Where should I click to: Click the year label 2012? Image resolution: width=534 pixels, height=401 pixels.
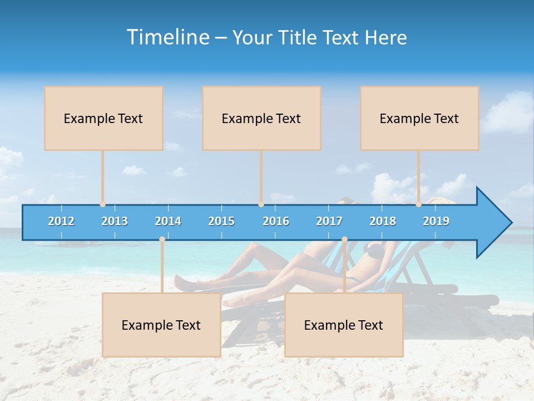(61, 221)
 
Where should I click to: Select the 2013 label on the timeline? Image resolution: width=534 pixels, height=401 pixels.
(115, 221)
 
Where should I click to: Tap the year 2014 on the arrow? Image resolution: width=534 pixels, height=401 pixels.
(168, 221)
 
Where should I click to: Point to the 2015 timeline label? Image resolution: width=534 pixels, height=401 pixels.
(221, 221)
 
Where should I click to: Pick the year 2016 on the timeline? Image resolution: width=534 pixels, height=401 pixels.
(276, 221)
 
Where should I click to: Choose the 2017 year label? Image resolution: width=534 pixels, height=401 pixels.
(329, 221)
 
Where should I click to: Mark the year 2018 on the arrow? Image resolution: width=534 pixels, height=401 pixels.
(383, 221)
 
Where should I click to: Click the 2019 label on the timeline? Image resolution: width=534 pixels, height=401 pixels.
(436, 221)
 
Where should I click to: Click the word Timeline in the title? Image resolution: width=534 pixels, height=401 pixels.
(167, 37)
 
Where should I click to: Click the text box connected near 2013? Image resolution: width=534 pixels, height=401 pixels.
(103, 118)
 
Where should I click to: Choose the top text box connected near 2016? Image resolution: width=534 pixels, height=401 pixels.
(261, 118)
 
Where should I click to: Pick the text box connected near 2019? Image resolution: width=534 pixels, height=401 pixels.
(419, 118)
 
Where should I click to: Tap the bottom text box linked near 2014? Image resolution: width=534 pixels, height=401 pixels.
(161, 325)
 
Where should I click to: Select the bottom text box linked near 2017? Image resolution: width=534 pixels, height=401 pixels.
(344, 325)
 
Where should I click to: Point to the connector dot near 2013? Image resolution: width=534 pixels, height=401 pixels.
(103, 204)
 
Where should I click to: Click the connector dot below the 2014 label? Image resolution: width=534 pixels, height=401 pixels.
(162, 239)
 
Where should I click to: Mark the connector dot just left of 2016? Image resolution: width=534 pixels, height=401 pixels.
(261, 204)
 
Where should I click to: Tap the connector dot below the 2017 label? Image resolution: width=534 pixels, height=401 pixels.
(344, 239)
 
